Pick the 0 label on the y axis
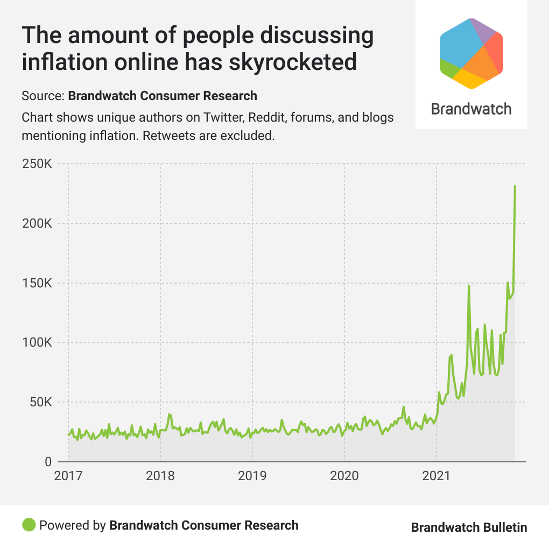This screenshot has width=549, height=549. click(47, 462)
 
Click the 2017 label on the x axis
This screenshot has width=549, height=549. click(68, 476)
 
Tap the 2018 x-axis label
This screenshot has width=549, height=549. click(160, 476)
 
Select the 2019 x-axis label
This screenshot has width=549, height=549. click(252, 476)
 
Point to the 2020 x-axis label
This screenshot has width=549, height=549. click(344, 476)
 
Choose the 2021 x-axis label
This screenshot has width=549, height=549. click(437, 476)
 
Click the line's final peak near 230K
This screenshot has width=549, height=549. click(515, 187)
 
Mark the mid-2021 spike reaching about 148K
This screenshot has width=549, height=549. click(469, 286)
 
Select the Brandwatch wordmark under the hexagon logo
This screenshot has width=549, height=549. click(471, 109)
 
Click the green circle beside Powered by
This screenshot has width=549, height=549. click(29, 525)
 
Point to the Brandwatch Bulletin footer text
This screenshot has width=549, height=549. click(469, 527)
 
